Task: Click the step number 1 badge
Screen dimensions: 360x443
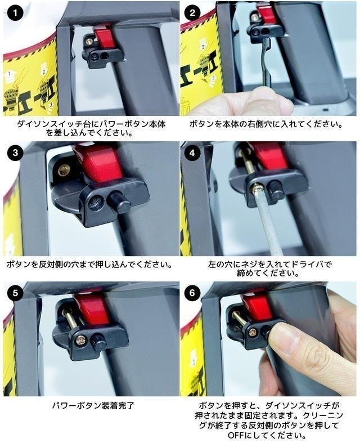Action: pyautogui.click(x=15, y=13)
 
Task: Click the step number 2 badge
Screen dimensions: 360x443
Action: pyautogui.click(x=192, y=13)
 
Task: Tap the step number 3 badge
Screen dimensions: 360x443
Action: pyautogui.click(x=15, y=153)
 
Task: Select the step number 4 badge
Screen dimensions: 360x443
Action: pyautogui.click(x=192, y=153)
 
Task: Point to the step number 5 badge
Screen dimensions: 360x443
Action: pyautogui.click(x=15, y=293)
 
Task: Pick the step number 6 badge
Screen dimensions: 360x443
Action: pyautogui.click(x=192, y=293)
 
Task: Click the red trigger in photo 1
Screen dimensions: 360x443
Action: pyautogui.click(x=104, y=38)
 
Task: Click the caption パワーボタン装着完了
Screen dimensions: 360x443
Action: pyautogui.click(x=93, y=406)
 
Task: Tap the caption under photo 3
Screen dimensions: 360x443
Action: pyautogui.click(x=89, y=265)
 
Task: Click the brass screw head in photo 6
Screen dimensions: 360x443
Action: pyautogui.click(x=253, y=334)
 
